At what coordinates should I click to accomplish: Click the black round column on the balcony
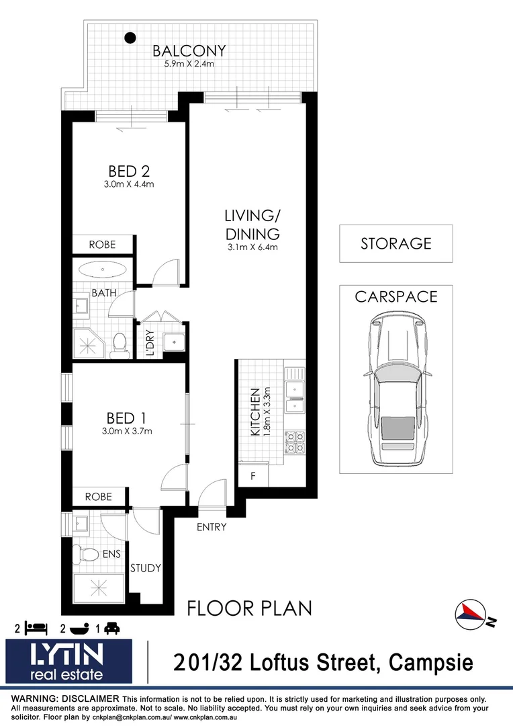pos(131,38)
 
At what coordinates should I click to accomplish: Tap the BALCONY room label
pos(189,51)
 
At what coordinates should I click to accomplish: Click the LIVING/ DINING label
pos(252,225)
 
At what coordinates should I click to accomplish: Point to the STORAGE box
pos(395,243)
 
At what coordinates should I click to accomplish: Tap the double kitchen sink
pos(295,396)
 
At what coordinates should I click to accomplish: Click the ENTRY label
pos(212,527)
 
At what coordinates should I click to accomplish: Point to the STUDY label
pos(146,568)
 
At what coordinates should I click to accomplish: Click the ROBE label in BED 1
pos(98,497)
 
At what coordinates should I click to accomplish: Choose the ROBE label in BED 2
pos(102,245)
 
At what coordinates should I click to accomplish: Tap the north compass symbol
pos(473,613)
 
